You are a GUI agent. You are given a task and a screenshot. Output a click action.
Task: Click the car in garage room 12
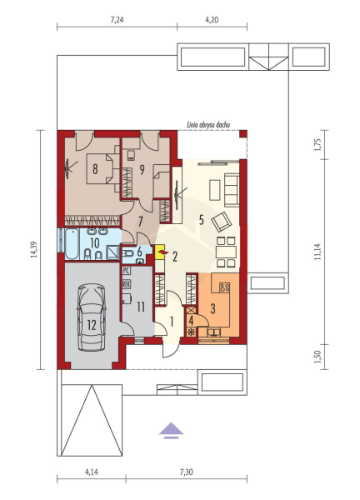point(92,318)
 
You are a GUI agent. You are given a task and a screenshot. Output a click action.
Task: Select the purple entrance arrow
point(171,431)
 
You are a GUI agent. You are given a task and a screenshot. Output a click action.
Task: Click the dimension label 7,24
point(117,20)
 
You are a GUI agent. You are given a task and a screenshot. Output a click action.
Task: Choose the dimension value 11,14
point(317,252)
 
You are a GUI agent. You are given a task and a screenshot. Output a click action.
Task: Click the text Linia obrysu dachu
point(208,125)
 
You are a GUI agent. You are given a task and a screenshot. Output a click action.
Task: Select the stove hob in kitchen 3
point(224,287)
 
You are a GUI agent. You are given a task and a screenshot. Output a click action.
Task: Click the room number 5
point(201,220)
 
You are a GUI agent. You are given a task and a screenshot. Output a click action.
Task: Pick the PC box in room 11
point(126,271)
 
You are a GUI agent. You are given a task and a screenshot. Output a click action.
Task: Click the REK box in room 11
point(126,284)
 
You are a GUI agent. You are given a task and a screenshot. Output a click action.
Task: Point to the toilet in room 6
point(128,254)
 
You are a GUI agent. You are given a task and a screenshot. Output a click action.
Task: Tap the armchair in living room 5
point(222,221)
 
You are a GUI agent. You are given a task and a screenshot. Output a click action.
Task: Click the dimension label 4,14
point(91,472)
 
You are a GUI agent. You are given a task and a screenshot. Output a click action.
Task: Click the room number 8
point(95,168)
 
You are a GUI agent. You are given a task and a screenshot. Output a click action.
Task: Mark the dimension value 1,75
point(317,145)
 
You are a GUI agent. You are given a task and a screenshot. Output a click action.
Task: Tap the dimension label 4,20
point(212,20)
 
